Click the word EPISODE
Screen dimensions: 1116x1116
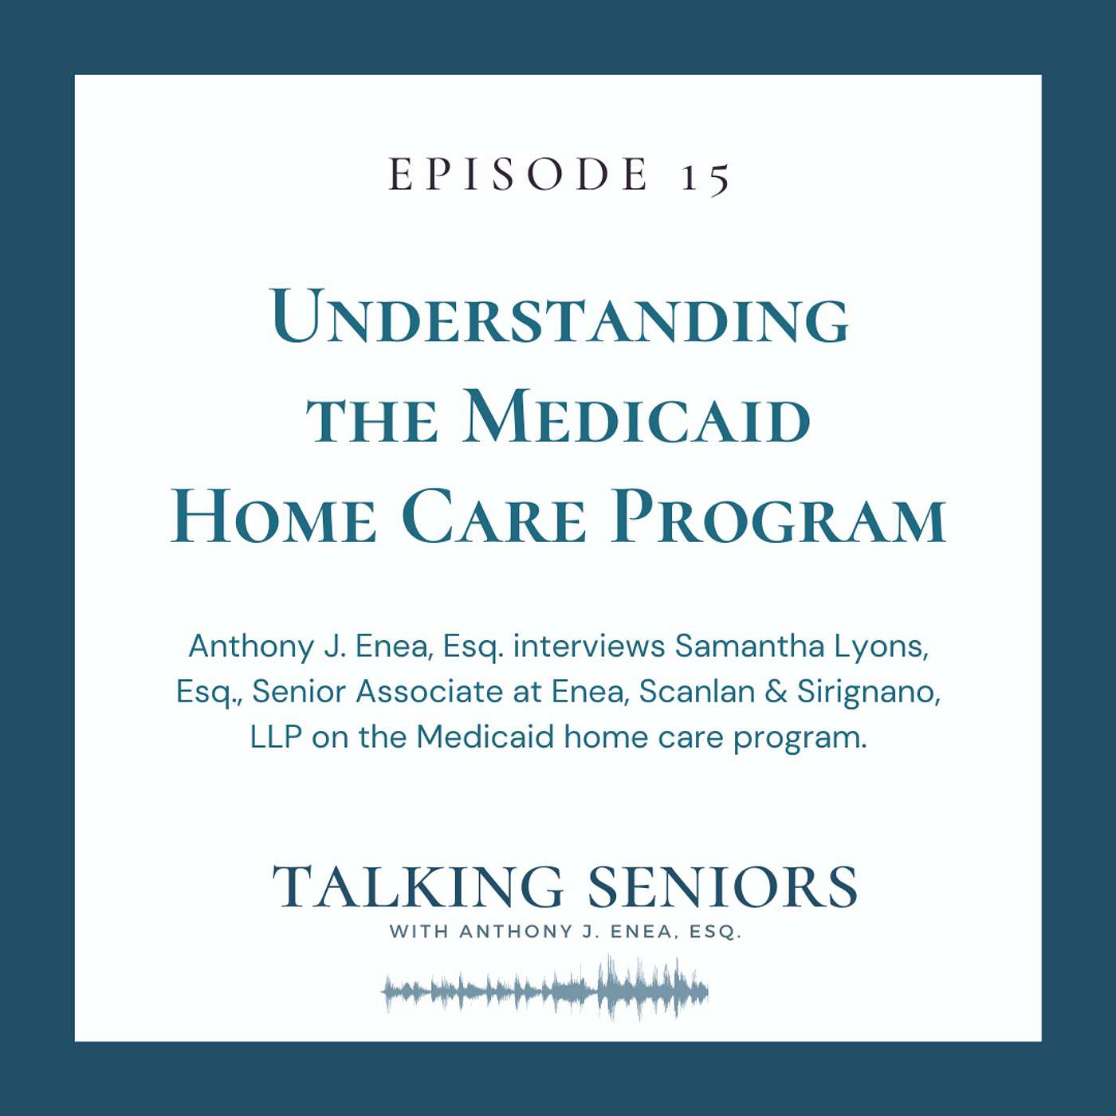(x=519, y=175)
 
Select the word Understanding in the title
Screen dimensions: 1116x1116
(x=560, y=317)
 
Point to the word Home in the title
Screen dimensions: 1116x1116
(x=273, y=517)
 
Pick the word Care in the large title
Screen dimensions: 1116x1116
(x=494, y=517)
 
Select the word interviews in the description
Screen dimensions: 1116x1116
(x=589, y=646)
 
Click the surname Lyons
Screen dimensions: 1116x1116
(x=882, y=646)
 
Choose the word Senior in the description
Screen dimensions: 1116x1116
(x=299, y=691)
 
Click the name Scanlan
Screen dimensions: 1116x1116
(x=697, y=691)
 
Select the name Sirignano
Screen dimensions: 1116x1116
(x=868, y=693)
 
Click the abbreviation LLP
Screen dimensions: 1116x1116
(x=276, y=737)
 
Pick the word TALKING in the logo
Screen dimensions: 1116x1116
(x=418, y=888)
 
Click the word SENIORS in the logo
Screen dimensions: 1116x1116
(x=722, y=888)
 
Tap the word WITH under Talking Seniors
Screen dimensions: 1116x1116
(x=418, y=931)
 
